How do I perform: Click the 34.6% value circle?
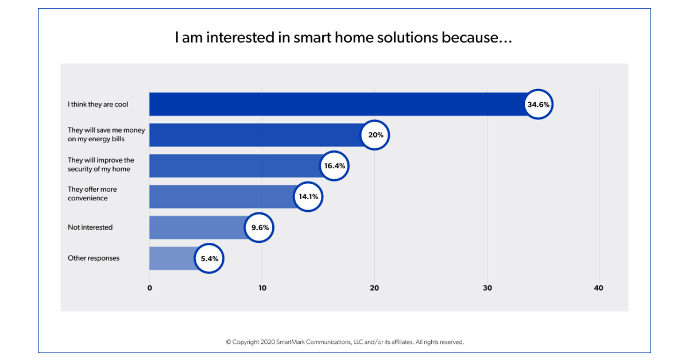point(539,104)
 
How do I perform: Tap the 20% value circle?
point(376,136)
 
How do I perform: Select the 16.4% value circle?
point(334,166)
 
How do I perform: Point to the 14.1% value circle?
point(308,197)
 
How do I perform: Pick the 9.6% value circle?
point(260,227)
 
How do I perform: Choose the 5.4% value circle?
point(209,258)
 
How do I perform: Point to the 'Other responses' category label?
point(94,258)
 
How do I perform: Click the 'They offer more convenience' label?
point(92,193)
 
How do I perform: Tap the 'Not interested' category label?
point(90,227)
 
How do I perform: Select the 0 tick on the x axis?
point(150,288)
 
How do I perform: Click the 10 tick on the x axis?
point(262,288)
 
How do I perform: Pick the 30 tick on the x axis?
point(487,288)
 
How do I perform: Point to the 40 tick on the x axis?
point(599,288)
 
